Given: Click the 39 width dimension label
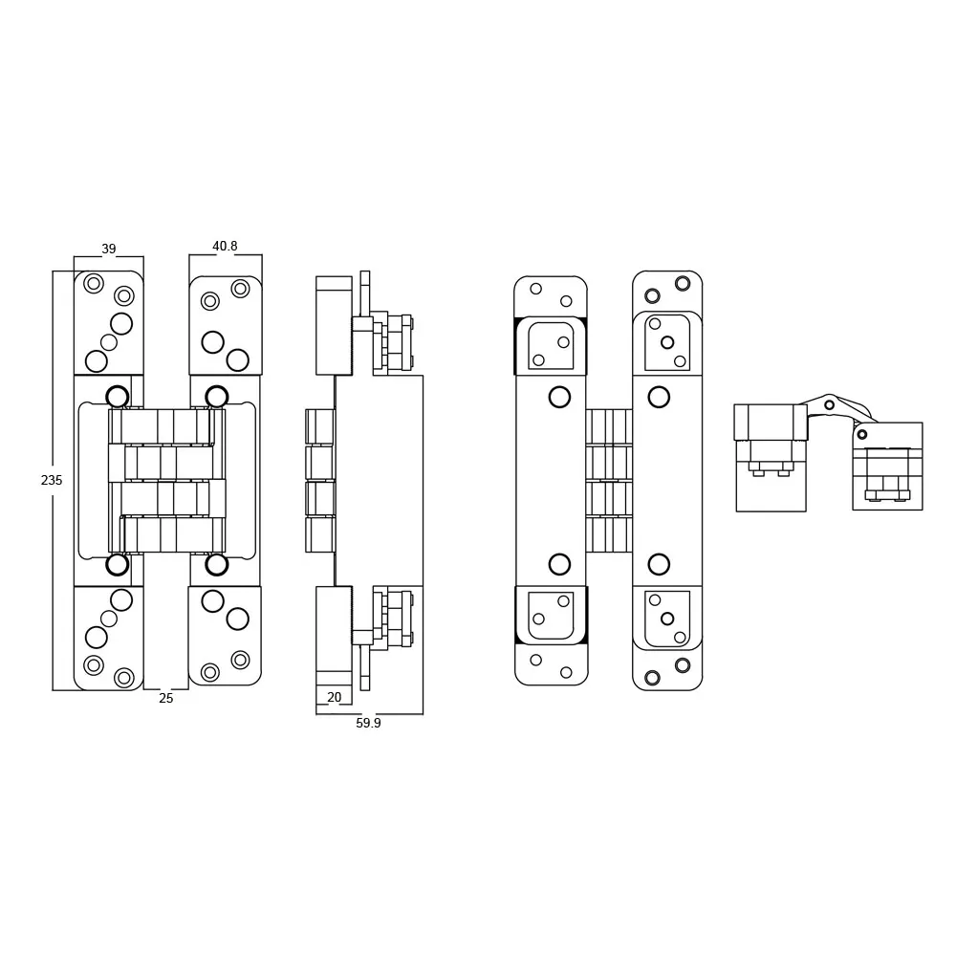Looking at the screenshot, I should (109, 250).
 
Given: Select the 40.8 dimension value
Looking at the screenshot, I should (225, 247).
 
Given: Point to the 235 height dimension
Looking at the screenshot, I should (52, 481).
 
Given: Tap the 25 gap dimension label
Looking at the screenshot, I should (166, 699).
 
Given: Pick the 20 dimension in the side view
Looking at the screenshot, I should (335, 698).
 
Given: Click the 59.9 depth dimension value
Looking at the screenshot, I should (368, 724).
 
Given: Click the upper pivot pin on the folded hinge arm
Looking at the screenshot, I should (830, 405).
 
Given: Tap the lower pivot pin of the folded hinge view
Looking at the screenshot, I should (862, 435).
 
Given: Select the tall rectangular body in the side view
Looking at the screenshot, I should (379, 480).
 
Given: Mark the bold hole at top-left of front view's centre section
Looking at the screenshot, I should (118, 397).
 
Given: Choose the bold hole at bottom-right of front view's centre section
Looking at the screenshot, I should (217, 565).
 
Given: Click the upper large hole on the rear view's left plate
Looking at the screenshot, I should (559, 397).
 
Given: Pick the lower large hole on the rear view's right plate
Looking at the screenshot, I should (659, 564).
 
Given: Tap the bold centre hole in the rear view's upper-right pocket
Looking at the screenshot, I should (667, 342).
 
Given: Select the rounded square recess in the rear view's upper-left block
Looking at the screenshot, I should (551, 345).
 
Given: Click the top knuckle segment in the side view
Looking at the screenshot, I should (320, 426).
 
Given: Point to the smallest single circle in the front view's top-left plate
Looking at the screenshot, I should (109, 342).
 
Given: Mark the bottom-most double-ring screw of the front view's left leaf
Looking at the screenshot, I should (124, 678).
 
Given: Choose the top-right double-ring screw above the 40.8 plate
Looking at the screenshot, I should (240, 289).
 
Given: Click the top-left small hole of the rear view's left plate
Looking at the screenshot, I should (535, 289).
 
